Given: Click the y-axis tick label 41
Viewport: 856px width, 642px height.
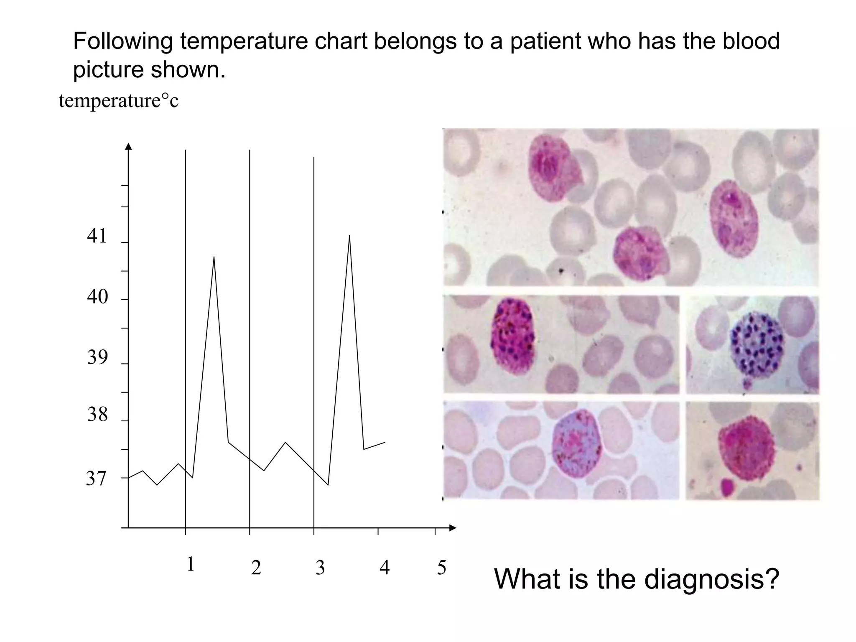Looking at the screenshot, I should tap(97, 237).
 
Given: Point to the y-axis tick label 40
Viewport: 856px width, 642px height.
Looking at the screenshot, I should tap(97, 297).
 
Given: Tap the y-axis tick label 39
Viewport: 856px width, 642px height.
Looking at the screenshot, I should tap(97, 358).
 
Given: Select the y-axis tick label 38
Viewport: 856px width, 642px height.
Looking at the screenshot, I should tap(97, 415).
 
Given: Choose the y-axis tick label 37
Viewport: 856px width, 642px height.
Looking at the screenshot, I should tap(97, 479).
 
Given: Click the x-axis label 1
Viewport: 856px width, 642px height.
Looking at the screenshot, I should tap(191, 565).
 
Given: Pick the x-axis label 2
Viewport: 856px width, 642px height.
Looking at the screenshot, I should tap(256, 568).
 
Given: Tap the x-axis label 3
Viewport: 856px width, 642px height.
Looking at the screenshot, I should tap(320, 568).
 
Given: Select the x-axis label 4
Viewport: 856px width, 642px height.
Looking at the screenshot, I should tap(385, 568).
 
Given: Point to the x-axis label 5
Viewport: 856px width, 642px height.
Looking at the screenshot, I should tap(442, 568).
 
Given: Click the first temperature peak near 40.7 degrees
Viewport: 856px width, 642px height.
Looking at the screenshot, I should tap(214, 257).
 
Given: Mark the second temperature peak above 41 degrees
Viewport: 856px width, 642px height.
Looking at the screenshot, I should tap(349, 236).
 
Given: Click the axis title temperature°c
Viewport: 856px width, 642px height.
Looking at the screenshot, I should tap(119, 101).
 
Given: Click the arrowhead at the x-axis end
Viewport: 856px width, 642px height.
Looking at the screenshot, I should tap(453, 528).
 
